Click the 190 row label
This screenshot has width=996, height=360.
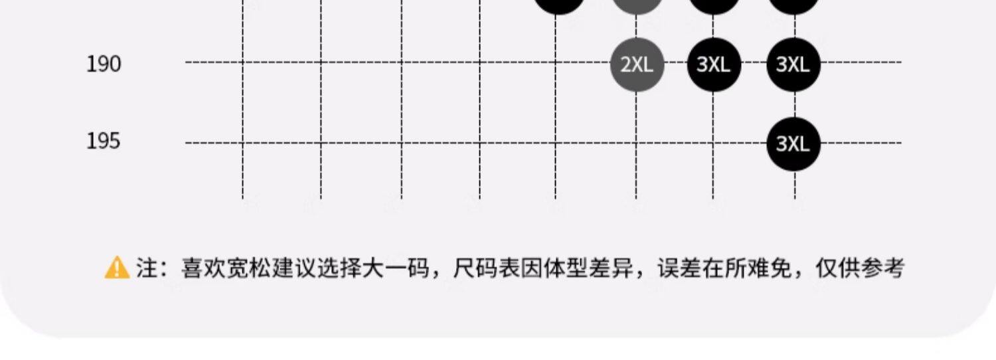click(x=104, y=64)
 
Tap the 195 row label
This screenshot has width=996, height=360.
click(x=104, y=141)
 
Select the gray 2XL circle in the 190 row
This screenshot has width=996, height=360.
click(x=637, y=64)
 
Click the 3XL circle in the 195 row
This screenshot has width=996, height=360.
click(x=793, y=143)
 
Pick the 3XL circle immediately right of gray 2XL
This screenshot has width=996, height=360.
click(x=714, y=64)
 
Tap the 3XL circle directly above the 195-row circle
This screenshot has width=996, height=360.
click(x=793, y=64)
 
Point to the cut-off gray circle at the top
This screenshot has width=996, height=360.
click(x=637, y=5)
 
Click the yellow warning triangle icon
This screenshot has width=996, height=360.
click(x=117, y=268)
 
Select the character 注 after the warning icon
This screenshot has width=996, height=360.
click(x=147, y=269)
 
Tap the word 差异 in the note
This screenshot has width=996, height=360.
click(x=600, y=269)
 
